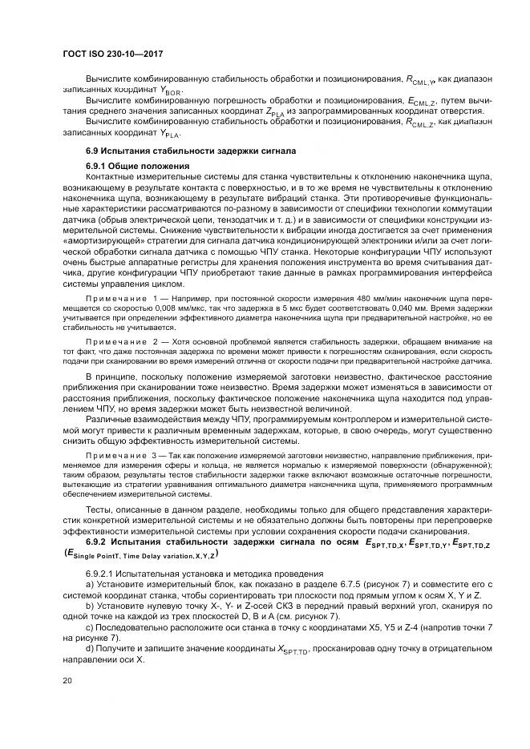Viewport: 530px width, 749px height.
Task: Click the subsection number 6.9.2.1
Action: [101, 574]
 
